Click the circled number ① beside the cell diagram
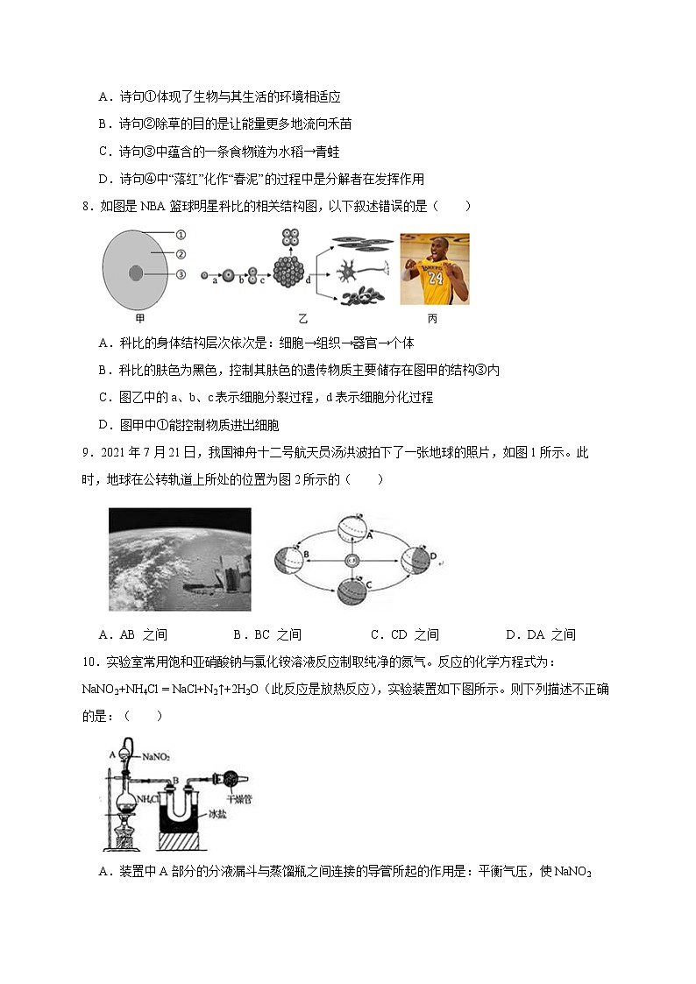(x=181, y=235)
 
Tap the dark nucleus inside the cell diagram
(x=136, y=273)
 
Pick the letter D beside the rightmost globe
(x=433, y=554)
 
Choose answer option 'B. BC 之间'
(x=267, y=634)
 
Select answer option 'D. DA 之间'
(x=540, y=634)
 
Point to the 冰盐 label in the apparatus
(x=218, y=815)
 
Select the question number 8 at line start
(x=86, y=206)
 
